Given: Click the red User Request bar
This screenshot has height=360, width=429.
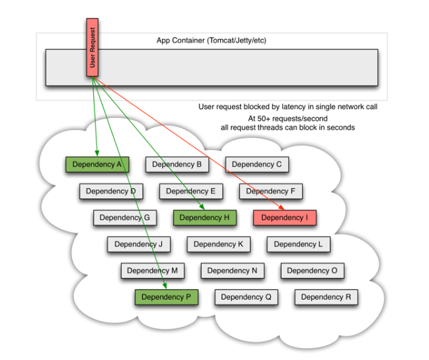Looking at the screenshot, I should coord(93,47).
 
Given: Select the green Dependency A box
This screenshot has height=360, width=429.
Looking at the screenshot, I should coord(97,164).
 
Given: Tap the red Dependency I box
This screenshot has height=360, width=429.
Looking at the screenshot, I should coord(284,217).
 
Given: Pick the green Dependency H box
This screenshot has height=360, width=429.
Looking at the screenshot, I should coord(204,217).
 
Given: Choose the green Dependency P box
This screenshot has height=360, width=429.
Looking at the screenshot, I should coord(166,297).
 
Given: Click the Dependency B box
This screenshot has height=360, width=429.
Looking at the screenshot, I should coord(176,164).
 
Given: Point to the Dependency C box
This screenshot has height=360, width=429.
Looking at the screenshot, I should coord(256,164).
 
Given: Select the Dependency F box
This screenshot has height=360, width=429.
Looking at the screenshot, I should coord(270,191).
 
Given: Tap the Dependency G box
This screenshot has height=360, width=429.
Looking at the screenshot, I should coord(124,217).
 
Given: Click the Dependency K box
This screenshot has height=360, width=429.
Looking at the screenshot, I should coord(219,244).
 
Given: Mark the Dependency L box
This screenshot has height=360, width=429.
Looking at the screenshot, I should coord(298,244).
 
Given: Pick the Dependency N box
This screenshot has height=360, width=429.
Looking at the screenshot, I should coord(232,271).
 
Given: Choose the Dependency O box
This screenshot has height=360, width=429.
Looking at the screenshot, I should coord(312,271).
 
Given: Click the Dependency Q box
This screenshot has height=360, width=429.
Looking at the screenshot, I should coord(246,297).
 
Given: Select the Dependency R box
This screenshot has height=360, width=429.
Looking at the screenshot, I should coord(326,297).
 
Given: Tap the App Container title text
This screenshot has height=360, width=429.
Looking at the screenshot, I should coord(211,40).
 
